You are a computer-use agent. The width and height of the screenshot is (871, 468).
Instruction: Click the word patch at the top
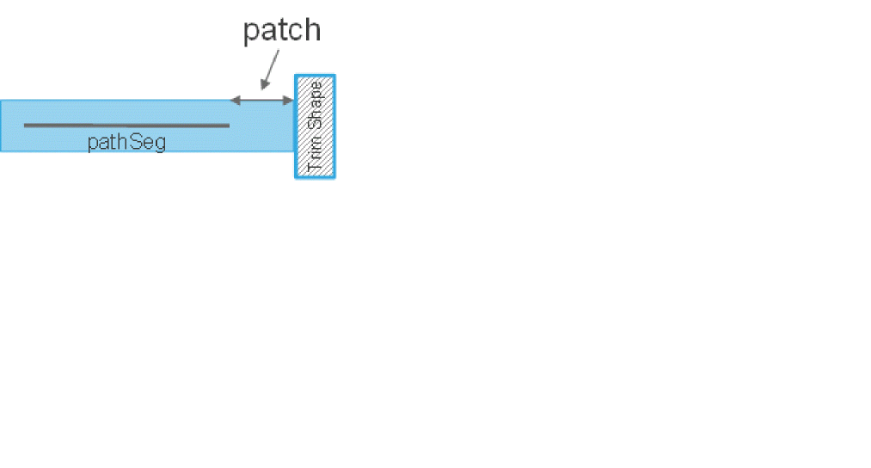point(281,30)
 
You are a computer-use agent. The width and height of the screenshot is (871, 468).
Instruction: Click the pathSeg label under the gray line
point(126,142)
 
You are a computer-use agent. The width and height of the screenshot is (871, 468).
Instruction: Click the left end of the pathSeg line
point(25,126)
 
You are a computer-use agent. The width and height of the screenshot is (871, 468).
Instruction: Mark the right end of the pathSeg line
point(229,126)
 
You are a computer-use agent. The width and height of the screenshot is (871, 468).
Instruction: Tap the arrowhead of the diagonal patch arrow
point(264,86)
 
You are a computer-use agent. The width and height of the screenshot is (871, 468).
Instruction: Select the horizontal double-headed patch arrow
point(262,101)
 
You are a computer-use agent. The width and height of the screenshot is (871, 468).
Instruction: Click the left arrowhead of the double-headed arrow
point(234,101)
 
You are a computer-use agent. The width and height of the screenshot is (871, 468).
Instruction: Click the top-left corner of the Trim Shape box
point(297,77)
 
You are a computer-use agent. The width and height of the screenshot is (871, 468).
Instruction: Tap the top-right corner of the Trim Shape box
point(334,77)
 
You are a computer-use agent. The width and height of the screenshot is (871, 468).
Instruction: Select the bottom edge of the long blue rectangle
point(146,151)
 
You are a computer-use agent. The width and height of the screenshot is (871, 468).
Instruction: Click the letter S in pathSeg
point(134,142)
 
